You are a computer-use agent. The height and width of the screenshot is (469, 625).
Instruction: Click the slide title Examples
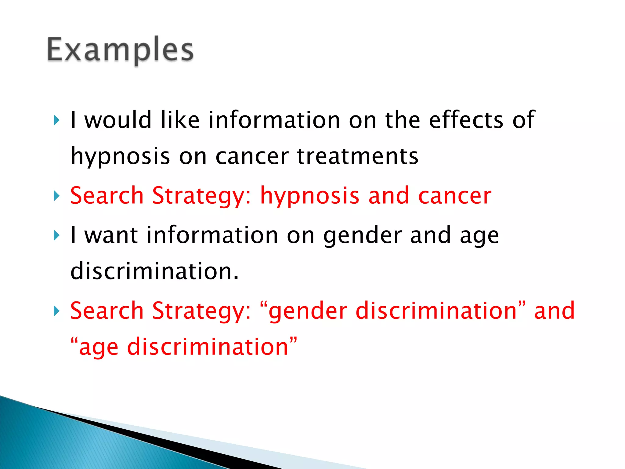click(x=120, y=50)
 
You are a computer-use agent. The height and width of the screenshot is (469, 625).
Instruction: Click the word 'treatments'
click(x=357, y=156)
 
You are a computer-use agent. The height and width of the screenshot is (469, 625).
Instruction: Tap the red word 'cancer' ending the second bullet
click(x=454, y=196)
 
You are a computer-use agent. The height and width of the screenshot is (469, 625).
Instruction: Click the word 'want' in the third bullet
click(x=111, y=235)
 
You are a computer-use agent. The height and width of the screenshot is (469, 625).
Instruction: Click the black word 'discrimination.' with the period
click(x=154, y=271)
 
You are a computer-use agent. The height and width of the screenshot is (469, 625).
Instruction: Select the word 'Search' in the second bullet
click(x=107, y=196)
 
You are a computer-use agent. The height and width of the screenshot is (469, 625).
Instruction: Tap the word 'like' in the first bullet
click(x=180, y=120)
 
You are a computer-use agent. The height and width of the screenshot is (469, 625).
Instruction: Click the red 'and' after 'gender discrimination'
click(x=554, y=311)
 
